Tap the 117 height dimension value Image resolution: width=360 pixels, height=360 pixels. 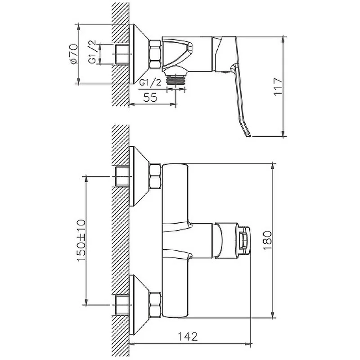click(278, 87)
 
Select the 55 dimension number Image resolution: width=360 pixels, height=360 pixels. click(150, 98)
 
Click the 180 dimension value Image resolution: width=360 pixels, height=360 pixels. click(267, 240)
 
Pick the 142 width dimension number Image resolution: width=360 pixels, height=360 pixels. click(188, 337)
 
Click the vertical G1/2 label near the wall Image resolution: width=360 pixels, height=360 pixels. click(92, 52)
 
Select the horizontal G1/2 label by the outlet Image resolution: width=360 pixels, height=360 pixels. click(151, 82)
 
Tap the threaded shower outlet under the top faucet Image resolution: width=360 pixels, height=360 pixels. click(176, 80)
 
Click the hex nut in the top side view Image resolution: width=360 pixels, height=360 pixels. click(155, 54)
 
